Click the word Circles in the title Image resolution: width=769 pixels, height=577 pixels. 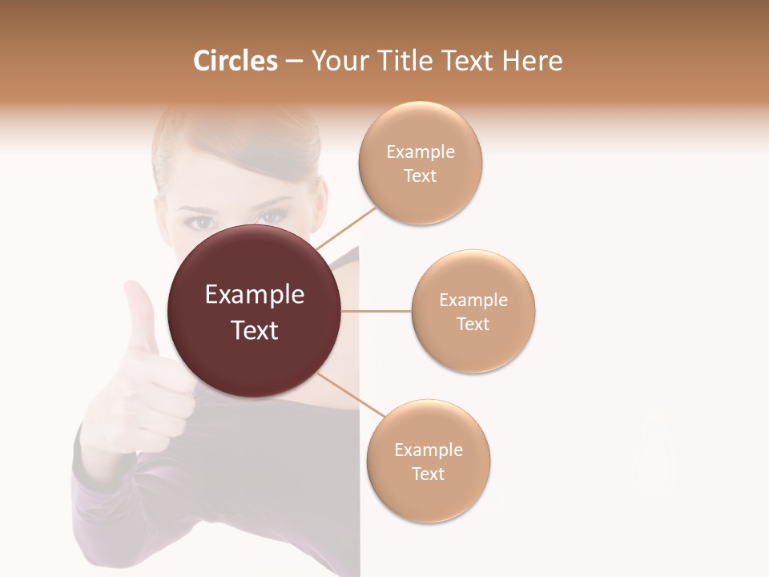pos(235,61)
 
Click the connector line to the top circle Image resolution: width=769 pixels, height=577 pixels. pos(346,228)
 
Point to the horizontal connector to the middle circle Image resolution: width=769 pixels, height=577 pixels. pos(376,311)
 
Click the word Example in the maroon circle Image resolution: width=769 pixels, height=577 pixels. pos(255,295)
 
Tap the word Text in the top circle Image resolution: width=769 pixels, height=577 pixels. pos(421,176)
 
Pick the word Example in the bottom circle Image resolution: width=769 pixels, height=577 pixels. pos(429,450)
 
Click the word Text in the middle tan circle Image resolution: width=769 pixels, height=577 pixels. pos(473,324)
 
